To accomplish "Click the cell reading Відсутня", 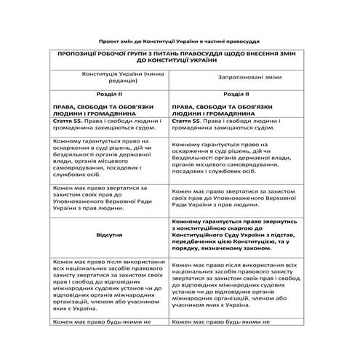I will (110, 236).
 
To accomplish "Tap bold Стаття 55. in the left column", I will (68, 121).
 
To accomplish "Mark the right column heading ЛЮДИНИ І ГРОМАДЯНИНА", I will (217, 113).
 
